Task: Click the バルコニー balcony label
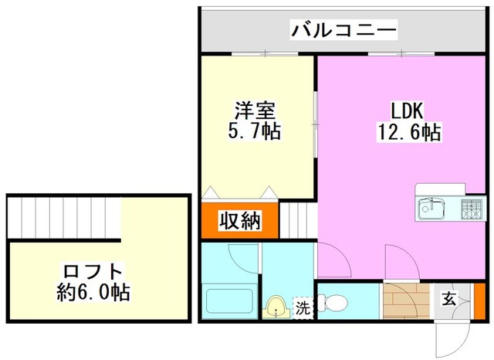(x=343, y=30)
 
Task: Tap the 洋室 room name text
(x=255, y=110)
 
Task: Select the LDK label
(x=407, y=110)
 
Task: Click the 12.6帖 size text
(x=409, y=131)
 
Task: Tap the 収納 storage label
(x=240, y=221)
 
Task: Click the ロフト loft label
(x=93, y=272)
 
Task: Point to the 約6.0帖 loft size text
(x=93, y=292)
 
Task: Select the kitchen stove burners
(x=472, y=209)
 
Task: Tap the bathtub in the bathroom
(x=229, y=301)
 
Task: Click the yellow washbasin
(x=276, y=307)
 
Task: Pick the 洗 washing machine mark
(x=303, y=308)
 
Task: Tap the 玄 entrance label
(x=448, y=299)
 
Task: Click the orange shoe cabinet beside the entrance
(x=480, y=301)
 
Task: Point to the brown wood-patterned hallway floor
(x=407, y=301)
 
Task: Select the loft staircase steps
(x=64, y=218)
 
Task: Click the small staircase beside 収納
(x=299, y=221)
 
